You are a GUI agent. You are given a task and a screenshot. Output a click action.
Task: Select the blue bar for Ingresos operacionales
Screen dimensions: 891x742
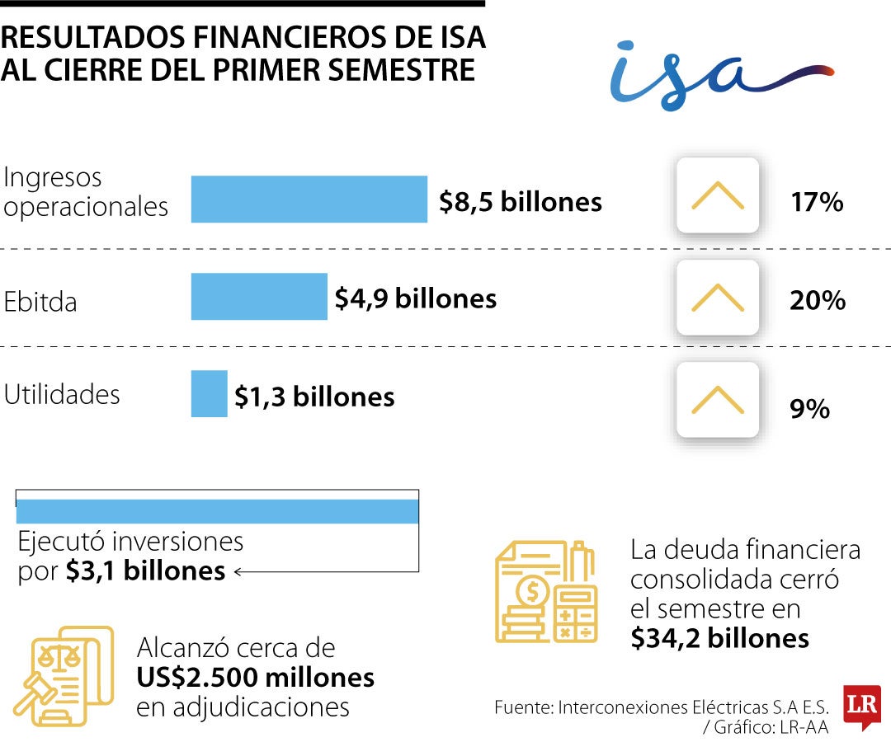click(x=309, y=200)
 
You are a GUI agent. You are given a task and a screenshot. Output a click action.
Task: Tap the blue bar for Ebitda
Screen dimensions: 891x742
click(x=259, y=296)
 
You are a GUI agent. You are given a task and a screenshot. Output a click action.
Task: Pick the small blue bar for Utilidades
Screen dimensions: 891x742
click(x=209, y=394)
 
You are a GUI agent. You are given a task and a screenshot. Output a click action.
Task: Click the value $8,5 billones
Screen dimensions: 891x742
click(x=520, y=202)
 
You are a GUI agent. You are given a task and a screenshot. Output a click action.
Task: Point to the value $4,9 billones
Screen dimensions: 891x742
click(x=415, y=298)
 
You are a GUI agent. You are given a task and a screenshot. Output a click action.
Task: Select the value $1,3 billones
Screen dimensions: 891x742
click(x=314, y=397)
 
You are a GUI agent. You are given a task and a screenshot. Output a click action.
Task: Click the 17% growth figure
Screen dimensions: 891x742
click(x=817, y=202)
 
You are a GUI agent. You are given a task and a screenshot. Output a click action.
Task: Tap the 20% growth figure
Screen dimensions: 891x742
click(x=818, y=300)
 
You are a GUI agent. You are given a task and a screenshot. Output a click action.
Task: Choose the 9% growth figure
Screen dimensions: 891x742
click(x=810, y=409)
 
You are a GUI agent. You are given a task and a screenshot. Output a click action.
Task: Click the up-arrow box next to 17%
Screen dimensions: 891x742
click(x=718, y=195)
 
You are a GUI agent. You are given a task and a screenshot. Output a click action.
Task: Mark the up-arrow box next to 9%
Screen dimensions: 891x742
click(x=718, y=400)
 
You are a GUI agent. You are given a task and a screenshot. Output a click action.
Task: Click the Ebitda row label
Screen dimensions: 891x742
click(x=40, y=302)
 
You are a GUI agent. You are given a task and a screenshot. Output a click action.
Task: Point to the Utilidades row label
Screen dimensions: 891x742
click(x=62, y=395)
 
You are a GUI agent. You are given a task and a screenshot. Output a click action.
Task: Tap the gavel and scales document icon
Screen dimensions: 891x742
click(x=64, y=676)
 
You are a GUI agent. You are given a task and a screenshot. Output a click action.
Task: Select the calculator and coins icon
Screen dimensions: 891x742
click(x=547, y=592)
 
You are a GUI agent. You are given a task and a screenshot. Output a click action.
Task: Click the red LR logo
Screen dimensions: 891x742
click(x=862, y=707)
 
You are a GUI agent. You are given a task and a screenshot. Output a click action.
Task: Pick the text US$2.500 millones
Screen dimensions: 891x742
click(x=256, y=678)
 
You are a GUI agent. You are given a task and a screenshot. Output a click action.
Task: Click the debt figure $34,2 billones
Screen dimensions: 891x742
click(x=720, y=639)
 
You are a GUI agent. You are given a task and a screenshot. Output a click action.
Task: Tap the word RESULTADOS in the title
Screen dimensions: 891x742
click(x=93, y=37)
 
